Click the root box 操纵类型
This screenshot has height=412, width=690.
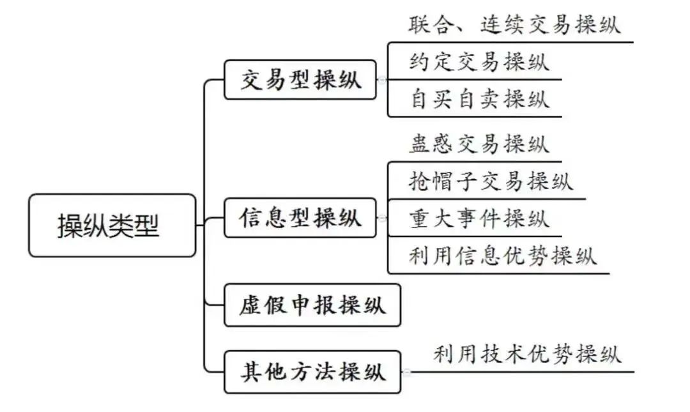coord(112,225)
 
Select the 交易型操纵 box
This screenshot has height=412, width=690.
coord(300,80)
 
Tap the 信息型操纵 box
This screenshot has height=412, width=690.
coord(300,218)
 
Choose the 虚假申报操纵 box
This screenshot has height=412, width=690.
coord(312,305)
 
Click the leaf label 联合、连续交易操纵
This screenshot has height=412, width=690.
coord(514,26)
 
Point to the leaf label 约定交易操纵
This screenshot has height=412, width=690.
coord(479,63)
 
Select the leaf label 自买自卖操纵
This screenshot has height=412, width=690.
coord(479,100)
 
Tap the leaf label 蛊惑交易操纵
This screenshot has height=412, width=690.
coord(479,144)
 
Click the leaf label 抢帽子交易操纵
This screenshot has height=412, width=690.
coord(491,181)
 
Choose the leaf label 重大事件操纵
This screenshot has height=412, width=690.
coord(479,218)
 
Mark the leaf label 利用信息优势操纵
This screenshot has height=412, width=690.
coord(503,256)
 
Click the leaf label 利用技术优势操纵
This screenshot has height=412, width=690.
coord(527,354)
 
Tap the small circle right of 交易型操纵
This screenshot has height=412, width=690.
coord(382,80)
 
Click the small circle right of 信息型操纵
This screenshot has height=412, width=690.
coord(382,218)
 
